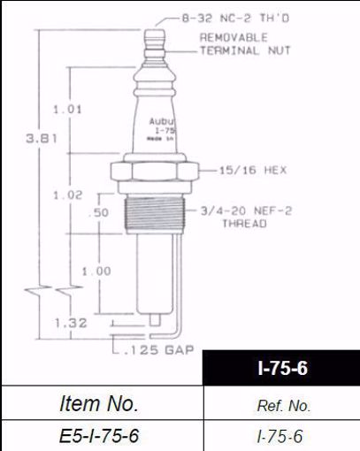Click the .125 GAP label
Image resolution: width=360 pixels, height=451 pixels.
[x=154, y=351]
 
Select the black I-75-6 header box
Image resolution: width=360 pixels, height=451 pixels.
[x=281, y=367]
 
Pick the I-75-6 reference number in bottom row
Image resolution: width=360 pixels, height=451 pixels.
[x=281, y=435]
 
